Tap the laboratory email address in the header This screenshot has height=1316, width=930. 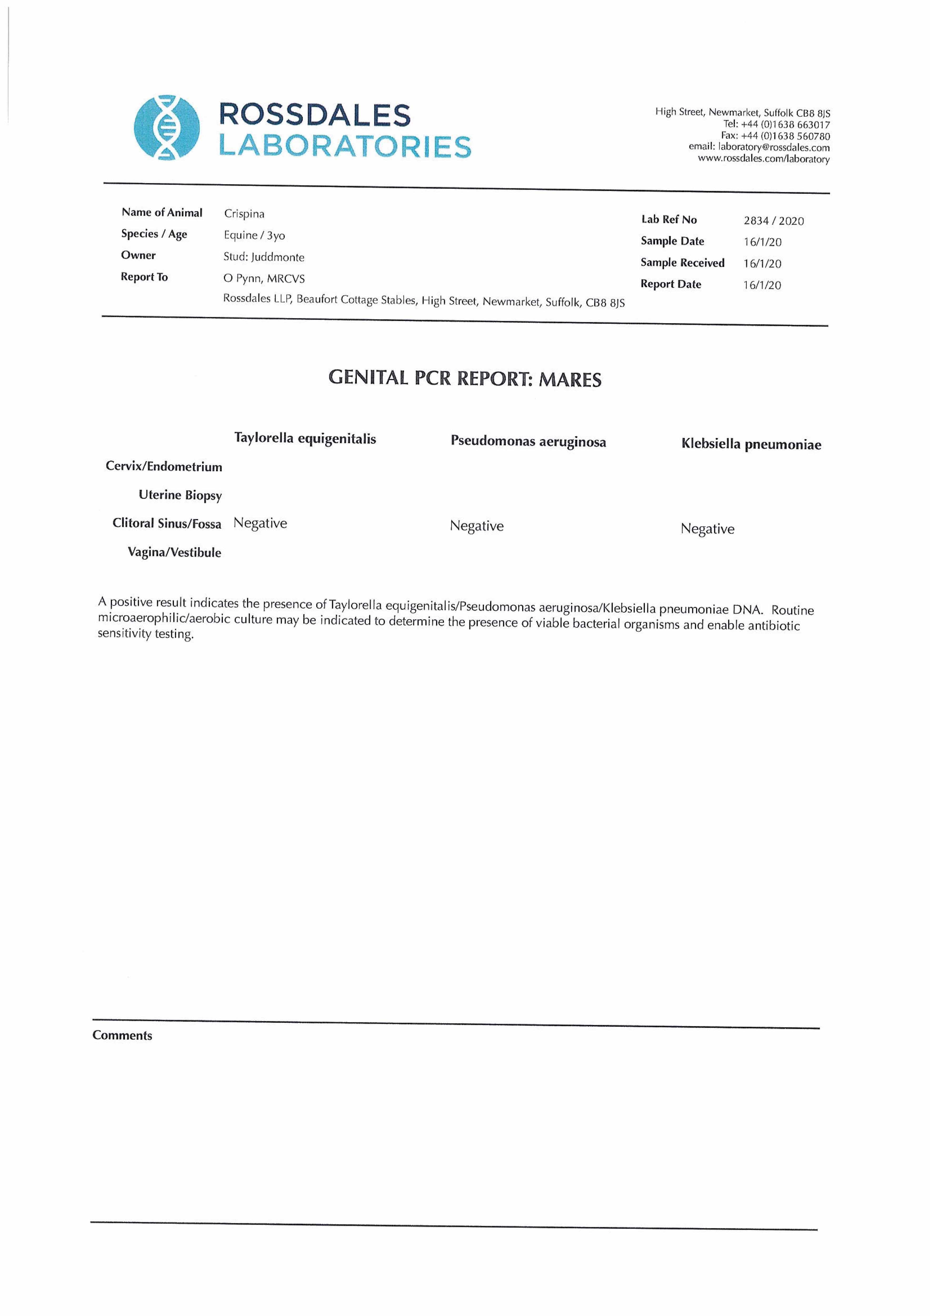coord(774,147)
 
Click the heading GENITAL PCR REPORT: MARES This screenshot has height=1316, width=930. coord(465,379)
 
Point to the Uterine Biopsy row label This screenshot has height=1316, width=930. coord(180,495)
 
